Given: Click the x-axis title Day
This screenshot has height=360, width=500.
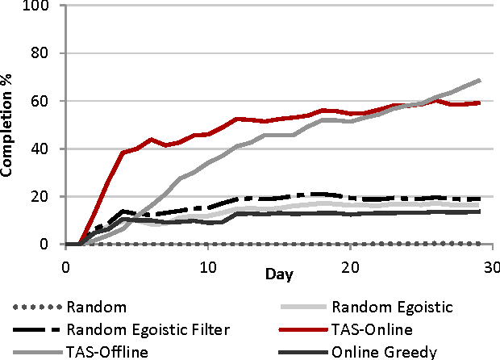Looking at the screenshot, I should pos(278,274).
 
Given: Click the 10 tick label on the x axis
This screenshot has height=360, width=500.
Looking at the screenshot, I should pos(207,266).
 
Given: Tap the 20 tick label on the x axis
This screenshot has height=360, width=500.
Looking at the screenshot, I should pos(350,266).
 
